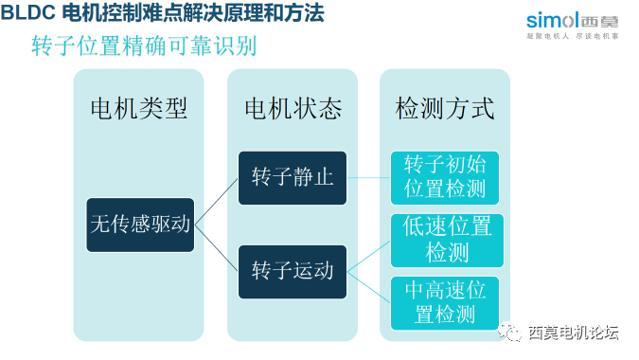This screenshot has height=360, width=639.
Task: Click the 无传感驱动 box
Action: coord(140,225)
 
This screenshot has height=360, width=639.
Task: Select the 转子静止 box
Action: coord(293,177)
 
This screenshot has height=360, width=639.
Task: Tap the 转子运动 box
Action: coord(293,271)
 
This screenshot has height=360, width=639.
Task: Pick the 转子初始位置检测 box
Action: coord(444,176)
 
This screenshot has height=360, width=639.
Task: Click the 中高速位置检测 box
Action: coord(445,302)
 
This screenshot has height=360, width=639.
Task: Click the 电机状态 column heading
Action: coord(293,109)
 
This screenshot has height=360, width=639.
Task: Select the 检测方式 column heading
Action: coord(445,109)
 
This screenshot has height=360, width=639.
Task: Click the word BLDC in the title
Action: coord(28,13)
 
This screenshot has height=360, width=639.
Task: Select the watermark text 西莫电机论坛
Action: coord(573,333)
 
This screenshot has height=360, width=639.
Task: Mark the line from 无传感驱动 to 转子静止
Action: coord(216,201)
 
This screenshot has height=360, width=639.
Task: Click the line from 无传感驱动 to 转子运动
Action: coord(216,247)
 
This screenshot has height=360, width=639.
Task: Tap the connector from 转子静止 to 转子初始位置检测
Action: coord(369,177)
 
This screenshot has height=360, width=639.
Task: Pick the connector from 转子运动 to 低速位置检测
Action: coord(369,256)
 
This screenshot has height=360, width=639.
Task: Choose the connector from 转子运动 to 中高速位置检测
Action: coord(369,287)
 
